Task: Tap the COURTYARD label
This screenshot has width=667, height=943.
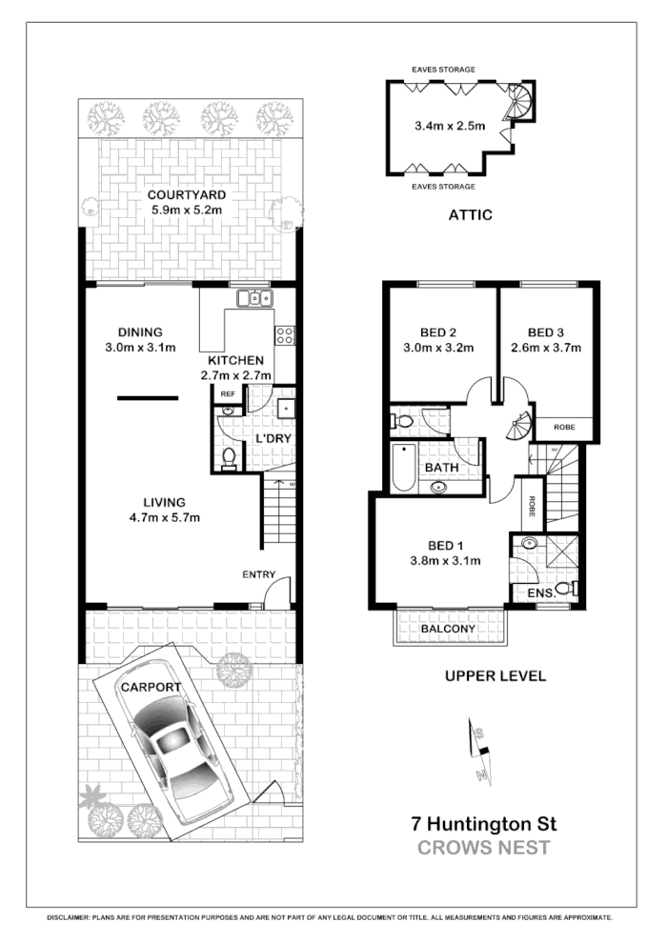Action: click(x=186, y=195)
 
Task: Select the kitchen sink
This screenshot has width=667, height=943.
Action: click(x=254, y=299)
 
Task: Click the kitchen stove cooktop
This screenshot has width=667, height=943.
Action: click(x=284, y=334)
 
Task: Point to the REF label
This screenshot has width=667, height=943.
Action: click(x=228, y=393)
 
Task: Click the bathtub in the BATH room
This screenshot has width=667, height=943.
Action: click(x=403, y=468)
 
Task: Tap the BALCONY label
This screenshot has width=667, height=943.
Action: click(x=448, y=629)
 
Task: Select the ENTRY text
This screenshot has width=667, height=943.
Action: click(x=258, y=574)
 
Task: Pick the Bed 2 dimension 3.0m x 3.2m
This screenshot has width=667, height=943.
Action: click(x=439, y=348)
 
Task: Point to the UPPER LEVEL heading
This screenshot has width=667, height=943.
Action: click(x=495, y=676)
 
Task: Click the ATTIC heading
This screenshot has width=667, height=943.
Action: click(x=470, y=215)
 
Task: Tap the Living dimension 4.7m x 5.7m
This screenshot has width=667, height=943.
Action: click(x=164, y=517)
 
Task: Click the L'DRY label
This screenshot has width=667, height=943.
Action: click(x=273, y=438)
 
